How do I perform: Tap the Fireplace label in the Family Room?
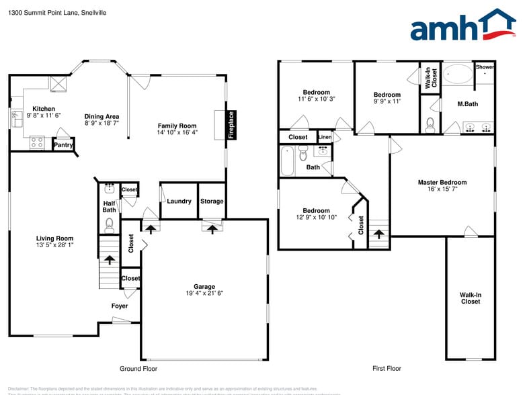coord(231,125)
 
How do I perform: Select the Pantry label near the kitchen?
coord(63,145)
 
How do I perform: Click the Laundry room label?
coord(179,201)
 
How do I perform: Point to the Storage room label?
coord(212,201)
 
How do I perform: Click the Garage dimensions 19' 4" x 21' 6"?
coord(204,293)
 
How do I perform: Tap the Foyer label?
coord(120,306)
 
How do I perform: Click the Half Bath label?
coord(109,207)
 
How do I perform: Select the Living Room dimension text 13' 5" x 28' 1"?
coord(54,245)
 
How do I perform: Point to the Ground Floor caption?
coord(138,369)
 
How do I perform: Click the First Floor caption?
coord(387,369)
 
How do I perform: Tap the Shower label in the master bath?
coord(485,67)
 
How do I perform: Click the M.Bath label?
coord(467,104)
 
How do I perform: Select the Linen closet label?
coord(325,137)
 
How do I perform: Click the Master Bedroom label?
coord(442,183)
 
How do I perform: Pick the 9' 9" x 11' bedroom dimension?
coord(387,101)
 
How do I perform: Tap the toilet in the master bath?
coord(431,124)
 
